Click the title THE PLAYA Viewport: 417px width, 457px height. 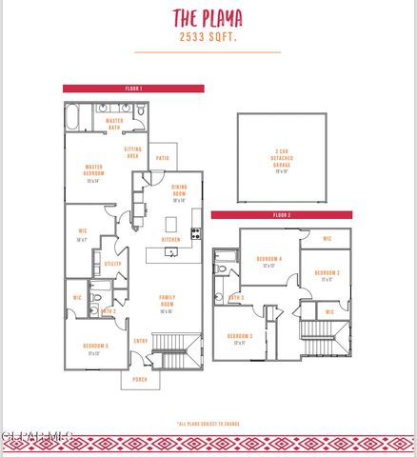207,17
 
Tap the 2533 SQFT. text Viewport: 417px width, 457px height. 207,37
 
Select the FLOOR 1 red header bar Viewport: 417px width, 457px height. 133,89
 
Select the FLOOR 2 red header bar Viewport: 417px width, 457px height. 281,215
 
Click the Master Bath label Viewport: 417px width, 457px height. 115,124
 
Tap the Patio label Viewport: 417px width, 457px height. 163,158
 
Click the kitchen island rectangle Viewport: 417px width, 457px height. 172,225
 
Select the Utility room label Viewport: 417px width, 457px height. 112,264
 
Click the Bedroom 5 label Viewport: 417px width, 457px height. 94,348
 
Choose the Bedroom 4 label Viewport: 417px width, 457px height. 269,262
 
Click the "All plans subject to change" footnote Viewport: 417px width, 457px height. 208,424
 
